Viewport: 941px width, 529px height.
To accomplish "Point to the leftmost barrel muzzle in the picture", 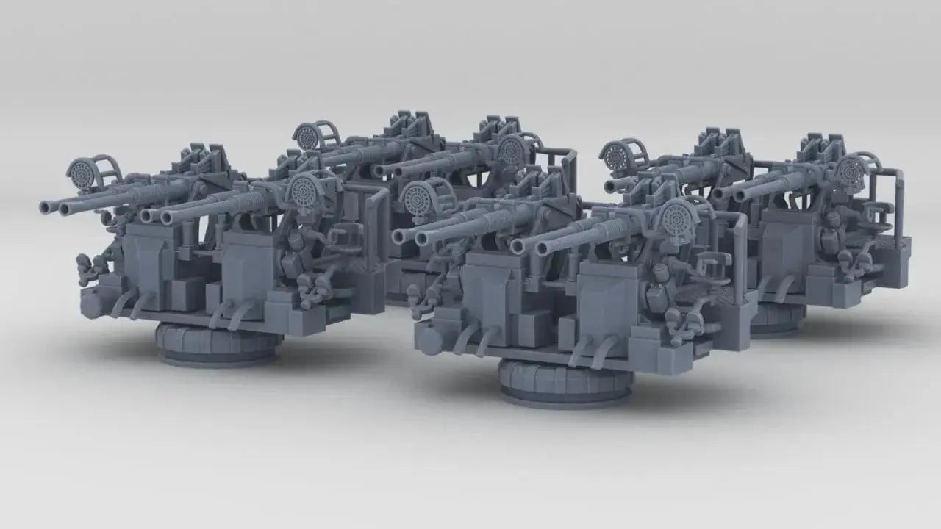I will [x=47, y=208].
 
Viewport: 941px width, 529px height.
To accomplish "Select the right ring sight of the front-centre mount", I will [x=675, y=218].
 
